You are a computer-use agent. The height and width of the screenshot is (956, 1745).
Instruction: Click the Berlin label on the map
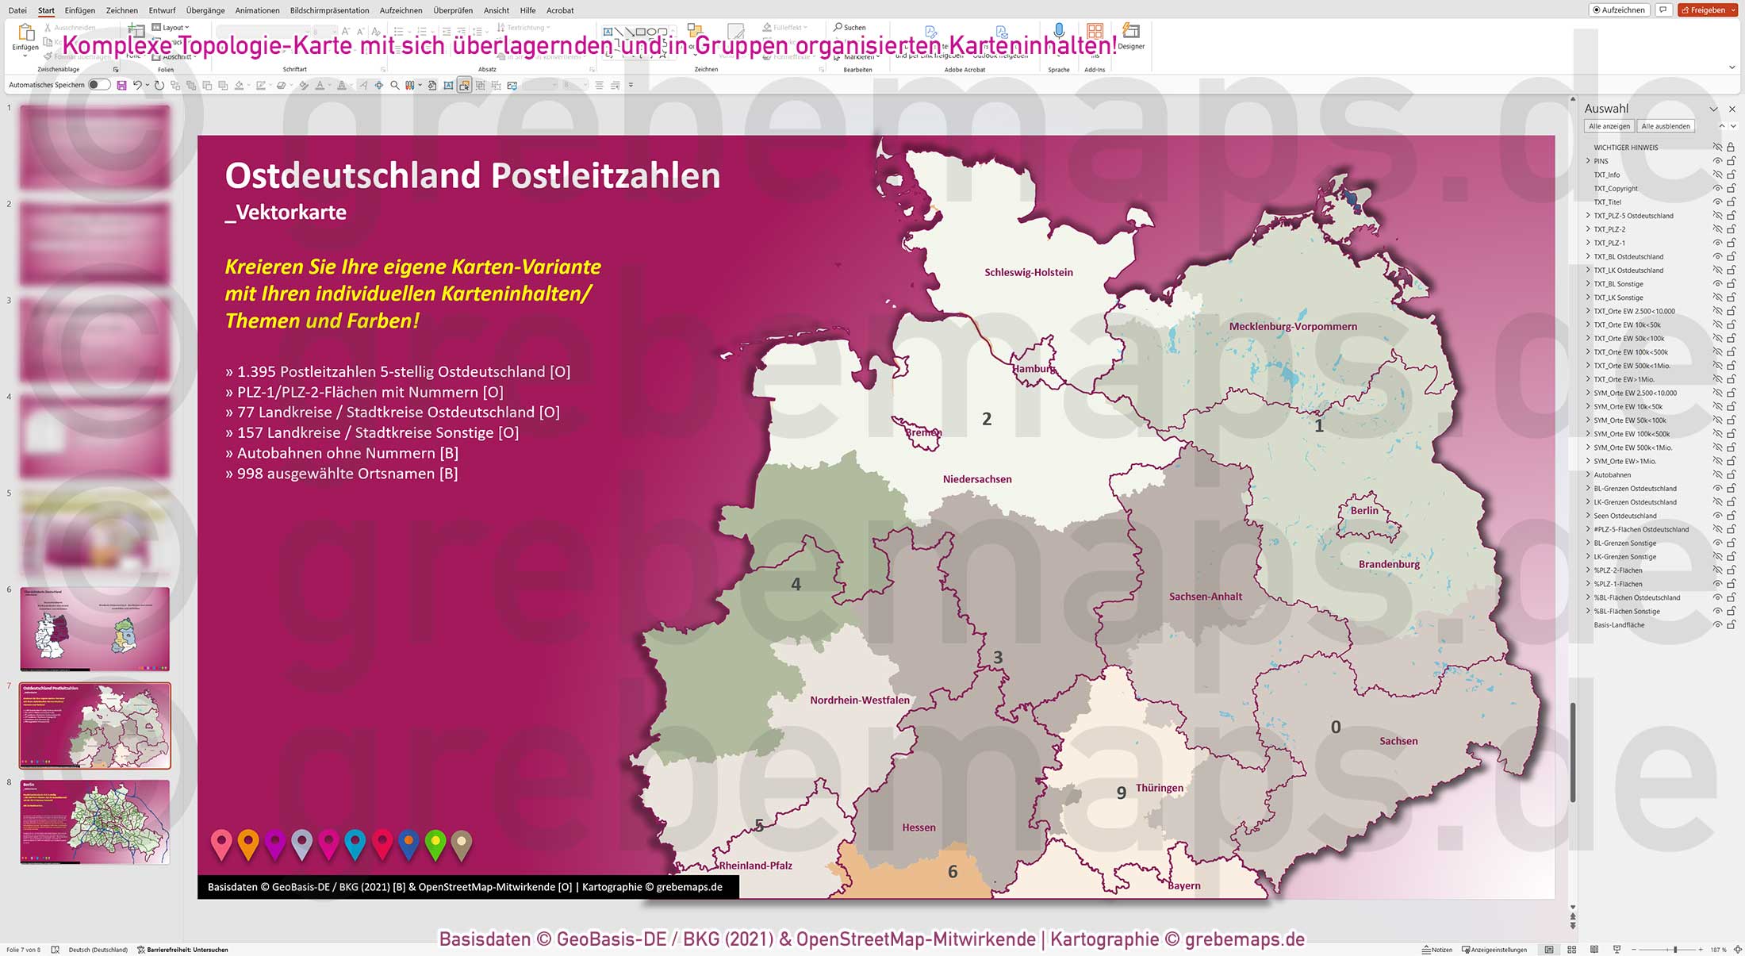click(x=1364, y=510)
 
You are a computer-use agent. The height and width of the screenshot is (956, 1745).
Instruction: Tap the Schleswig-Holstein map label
click(x=1028, y=272)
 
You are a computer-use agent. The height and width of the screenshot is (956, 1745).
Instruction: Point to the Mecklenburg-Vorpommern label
click(x=1293, y=326)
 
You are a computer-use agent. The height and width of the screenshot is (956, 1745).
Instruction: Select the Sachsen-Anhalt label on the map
click(x=1205, y=596)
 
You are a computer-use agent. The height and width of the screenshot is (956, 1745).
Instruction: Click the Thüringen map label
click(x=1159, y=788)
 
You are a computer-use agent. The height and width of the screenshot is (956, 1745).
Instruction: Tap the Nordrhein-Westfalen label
click(x=859, y=700)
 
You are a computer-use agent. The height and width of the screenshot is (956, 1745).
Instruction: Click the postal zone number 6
click(x=953, y=872)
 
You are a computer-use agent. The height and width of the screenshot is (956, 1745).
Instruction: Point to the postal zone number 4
click(x=796, y=584)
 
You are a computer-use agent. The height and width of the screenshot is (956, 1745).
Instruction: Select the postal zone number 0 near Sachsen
click(x=1336, y=727)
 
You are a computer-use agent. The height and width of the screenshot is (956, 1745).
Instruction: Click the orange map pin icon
click(x=248, y=843)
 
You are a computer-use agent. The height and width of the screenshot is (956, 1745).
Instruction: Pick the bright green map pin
click(x=435, y=843)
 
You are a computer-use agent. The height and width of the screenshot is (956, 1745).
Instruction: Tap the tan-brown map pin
click(x=462, y=843)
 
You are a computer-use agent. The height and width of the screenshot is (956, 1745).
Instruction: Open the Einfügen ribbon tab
click(x=79, y=10)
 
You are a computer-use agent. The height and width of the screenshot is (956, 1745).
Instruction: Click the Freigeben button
click(x=1707, y=10)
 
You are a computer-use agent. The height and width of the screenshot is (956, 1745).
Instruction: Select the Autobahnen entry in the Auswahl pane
click(x=1613, y=474)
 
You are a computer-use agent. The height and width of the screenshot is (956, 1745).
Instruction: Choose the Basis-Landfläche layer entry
click(x=1619, y=624)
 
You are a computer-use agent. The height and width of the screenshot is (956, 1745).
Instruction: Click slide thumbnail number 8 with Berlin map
click(x=94, y=821)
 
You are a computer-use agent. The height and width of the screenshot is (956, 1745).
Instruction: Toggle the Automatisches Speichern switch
click(x=98, y=85)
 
